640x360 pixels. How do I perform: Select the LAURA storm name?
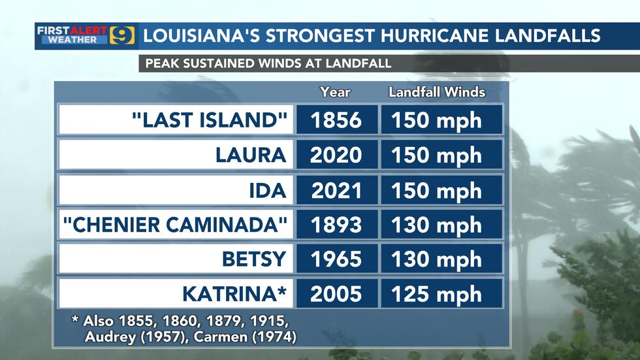click(251, 155)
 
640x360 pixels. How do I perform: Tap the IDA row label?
click(268, 190)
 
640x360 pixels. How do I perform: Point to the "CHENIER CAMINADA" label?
click(175, 225)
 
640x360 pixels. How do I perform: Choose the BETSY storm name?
click(254, 259)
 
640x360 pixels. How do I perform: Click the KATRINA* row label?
click(234, 294)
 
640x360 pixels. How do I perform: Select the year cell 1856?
click(336, 120)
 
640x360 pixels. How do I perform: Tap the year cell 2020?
click(336, 155)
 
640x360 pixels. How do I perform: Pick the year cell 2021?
click(336, 190)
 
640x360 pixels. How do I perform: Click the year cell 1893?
click(336, 225)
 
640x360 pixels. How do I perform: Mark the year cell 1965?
click(336, 259)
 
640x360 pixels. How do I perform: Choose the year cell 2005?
click(336, 294)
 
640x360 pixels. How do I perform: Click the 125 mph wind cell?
click(436, 294)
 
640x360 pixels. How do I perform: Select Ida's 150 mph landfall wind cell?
click(436, 190)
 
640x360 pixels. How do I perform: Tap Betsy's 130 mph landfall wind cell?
click(436, 259)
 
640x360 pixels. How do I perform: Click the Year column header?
click(335, 92)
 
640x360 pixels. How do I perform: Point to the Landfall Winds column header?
click(437, 92)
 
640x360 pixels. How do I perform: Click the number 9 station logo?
click(122, 35)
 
